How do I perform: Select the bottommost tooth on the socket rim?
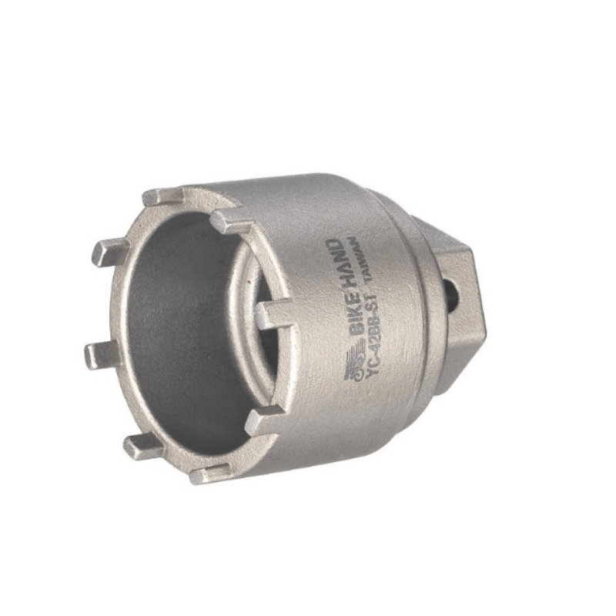209,474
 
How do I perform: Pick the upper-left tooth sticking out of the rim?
108,251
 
